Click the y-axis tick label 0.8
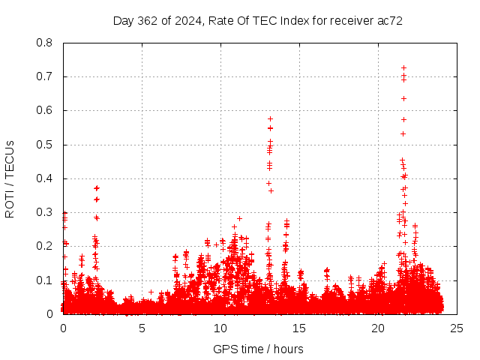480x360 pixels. coord(46,43)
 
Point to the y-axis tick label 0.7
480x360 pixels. coord(46,76)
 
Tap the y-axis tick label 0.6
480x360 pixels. coord(46,110)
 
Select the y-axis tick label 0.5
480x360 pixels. coord(46,144)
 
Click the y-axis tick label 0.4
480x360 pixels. coord(46,178)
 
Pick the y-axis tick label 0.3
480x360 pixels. coord(46,212)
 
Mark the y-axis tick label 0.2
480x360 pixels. coord(46,246)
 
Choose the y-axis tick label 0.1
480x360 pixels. coord(46,280)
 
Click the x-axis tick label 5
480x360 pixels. coord(142,328)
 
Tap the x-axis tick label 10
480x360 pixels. coord(220,328)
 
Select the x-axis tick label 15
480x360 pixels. coord(299,328)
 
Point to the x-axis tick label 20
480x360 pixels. coord(378,328)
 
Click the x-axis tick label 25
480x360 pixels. coord(457,328)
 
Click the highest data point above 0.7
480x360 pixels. coord(403,68)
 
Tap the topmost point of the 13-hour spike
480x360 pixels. coord(270,118)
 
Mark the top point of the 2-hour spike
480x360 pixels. coord(97,187)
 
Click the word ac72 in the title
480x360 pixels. coord(390,21)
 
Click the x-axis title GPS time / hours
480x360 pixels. coord(259,349)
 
